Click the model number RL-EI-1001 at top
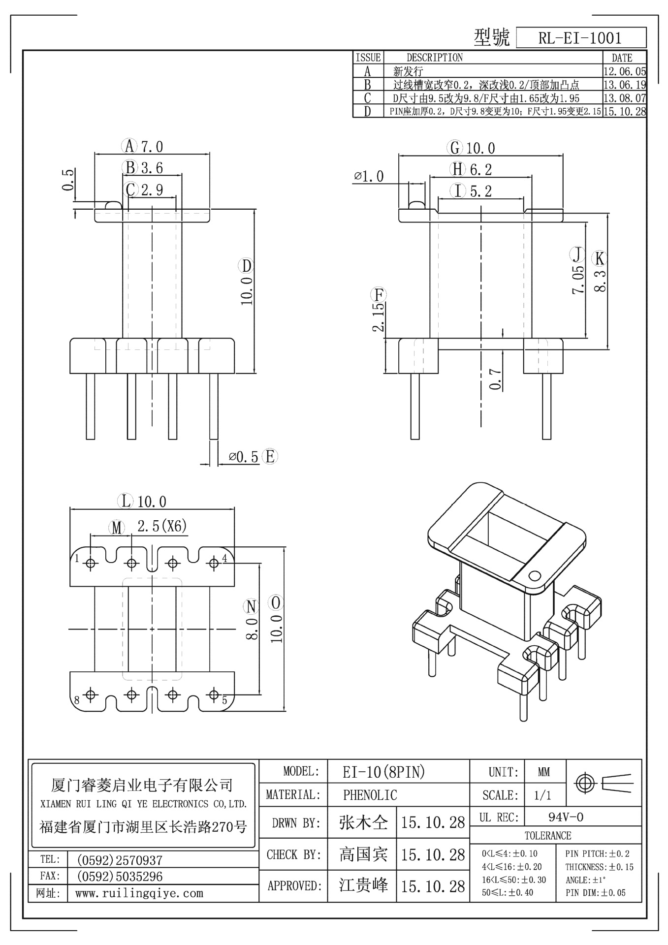pyautogui.click(x=580, y=38)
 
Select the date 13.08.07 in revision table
pyautogui.click(x=624, y=98)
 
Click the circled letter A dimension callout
pyautogui.click(x=129, y=146)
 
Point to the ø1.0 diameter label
pyautogui.click(x=369, y=176)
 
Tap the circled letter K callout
pyautogui.click(x=599, y=258)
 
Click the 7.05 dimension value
pyautogui.click(x=579, y=280)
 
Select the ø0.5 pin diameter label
pyautogui.click(x=243, y=457)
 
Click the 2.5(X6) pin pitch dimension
pyautogui.click(x=162, y=526)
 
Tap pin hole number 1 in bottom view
pyautogui.click(x=91, y=563)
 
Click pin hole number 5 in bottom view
pyautogui.click(x=214, y=694)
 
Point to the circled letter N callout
pyautogui.click(x=252, y=606)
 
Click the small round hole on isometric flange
pyautogui.click(x=534, y=575)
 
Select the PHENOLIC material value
pyautogui.click(x=370, y=795)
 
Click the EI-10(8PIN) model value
pyautogui.click(x=383, y=772)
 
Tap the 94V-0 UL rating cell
pyautogui.click(x=566, y=818)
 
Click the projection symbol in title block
pyautogui.click(x=603, y=783)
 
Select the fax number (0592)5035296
pyautogui.click(x=120, y=877)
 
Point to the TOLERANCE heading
pyautogui.click(x=547, y=836)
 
